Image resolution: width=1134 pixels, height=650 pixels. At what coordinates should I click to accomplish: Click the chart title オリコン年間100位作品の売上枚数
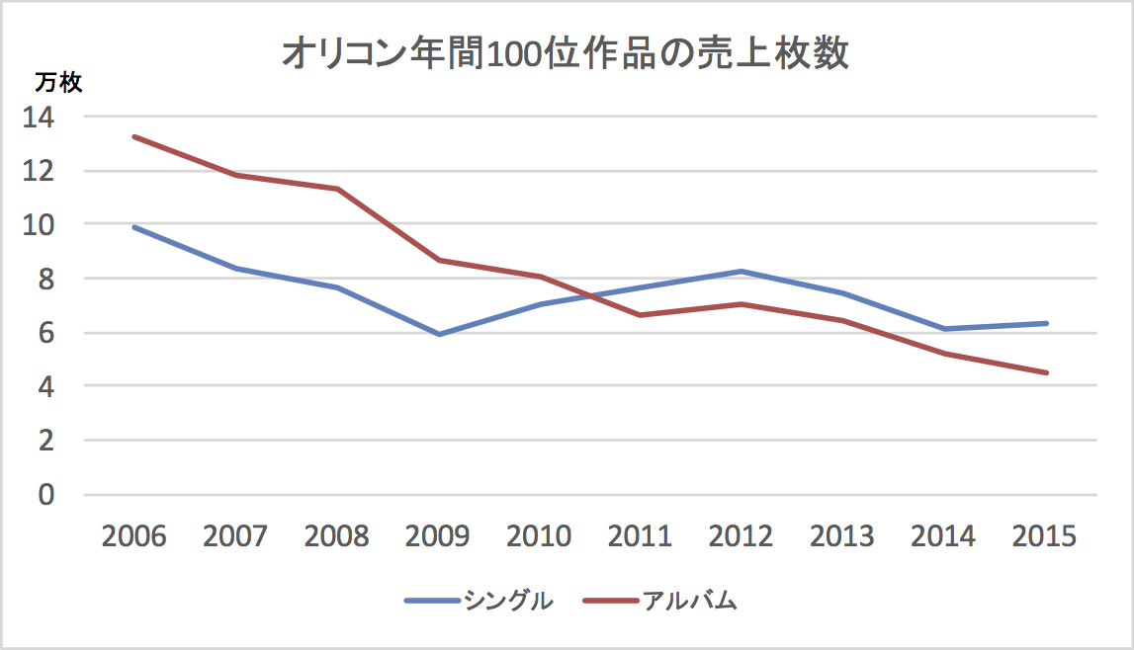click(x=565, y=54)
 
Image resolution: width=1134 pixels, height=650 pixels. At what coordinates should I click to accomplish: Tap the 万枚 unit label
click(x=58, y=83)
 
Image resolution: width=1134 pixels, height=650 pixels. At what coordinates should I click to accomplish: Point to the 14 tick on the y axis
click(x=41, y=118)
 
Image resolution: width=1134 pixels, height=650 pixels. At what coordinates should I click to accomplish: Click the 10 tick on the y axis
click(x=41, y=225)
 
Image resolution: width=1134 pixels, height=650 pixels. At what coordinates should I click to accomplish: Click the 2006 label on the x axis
click(x=133, y=536)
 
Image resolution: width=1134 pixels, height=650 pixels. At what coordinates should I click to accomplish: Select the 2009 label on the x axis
click(x=438, y=536)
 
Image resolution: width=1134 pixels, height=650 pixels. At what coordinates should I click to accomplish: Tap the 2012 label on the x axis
click(x=741, y=536)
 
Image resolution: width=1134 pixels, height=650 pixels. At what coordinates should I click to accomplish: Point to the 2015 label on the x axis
click(x=1045, y=536)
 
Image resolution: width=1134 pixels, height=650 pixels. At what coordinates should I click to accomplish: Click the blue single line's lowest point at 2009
click(x=438, y=334)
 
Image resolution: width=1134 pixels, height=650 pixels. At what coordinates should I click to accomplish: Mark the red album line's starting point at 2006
click(x=133, y=136)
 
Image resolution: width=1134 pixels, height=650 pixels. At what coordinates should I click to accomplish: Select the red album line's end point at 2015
click(x=1045, y=372)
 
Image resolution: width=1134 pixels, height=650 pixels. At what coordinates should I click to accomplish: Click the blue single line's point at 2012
click(x=741, y=271)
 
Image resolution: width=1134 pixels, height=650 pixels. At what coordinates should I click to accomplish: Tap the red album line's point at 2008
click(x=336, y=189)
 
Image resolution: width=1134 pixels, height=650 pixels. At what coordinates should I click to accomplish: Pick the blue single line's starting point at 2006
click(x=133, y=227)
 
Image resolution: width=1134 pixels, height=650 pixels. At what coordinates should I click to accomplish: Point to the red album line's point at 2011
click(x=641, y=315)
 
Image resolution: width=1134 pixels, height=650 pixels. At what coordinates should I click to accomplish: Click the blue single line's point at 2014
click(x=944, y=329)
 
